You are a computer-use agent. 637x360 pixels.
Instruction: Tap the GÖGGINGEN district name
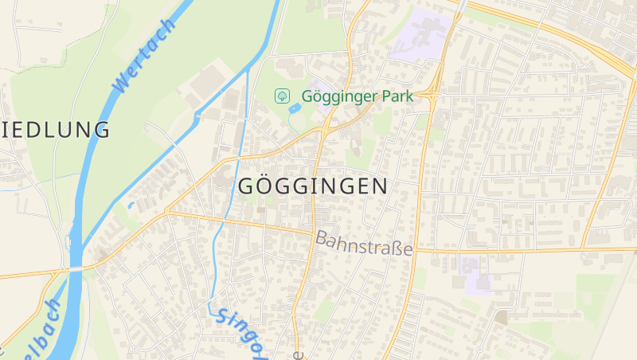point(313,186)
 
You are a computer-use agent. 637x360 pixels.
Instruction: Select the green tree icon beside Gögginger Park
point(281,96)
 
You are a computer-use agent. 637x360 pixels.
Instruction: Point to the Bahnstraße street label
point(365,243)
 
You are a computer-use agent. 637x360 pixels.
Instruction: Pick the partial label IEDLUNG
point(56,130)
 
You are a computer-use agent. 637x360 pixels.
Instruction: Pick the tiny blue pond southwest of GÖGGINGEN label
point(131,205)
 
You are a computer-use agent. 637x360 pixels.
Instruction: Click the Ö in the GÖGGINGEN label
point(268,186)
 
